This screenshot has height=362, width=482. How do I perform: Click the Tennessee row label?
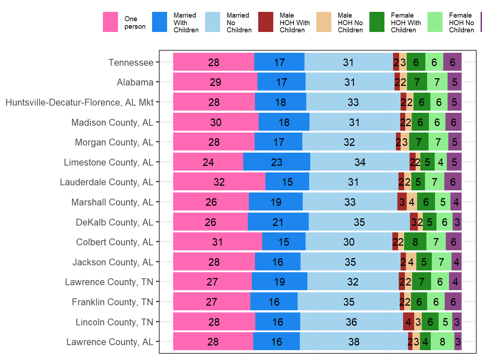tap(131, 62)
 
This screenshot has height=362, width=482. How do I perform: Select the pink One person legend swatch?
tap(110, 22)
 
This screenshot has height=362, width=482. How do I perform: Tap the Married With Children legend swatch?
tap(160, 22)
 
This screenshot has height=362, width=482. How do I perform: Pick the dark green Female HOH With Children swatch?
tap(377, 22)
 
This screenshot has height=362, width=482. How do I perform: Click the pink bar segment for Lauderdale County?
tap(219, 182)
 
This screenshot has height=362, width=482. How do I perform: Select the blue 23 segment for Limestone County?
tap(277, 162)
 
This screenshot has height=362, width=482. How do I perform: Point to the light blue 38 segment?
tap(354, 342)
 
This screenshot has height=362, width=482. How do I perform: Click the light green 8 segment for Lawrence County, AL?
tap(442, 342)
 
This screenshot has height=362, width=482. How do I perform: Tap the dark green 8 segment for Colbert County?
tap(415, 242)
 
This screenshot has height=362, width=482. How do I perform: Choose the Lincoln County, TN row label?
tap(114, 322)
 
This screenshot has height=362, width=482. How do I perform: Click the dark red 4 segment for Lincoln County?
tap(408, 322)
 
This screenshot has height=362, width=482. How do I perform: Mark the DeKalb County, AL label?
tap(114, 222)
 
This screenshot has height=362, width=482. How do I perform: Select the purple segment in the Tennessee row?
tap(452, 62)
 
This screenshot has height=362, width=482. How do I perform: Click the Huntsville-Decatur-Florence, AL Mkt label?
tap(80, 102)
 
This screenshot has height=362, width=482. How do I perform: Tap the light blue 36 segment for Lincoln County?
tap(351, 322)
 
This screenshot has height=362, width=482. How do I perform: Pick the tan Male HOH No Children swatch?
tap(324, 22)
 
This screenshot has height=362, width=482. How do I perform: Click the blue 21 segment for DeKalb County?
tap(278, 222)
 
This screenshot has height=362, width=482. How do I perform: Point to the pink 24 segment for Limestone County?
tap(208, 162)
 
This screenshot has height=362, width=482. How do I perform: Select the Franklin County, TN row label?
tap(113, 302)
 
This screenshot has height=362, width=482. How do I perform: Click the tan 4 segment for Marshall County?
tap(412, 202)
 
